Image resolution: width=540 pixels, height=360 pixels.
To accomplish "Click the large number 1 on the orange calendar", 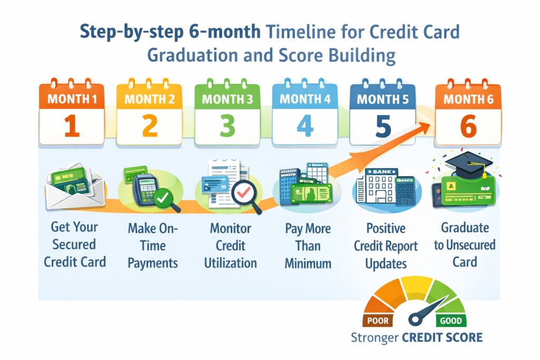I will point(72,126).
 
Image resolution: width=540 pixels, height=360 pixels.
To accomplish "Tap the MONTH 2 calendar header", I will point(149,99).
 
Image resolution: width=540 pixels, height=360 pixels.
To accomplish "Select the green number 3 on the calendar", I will point(228,127).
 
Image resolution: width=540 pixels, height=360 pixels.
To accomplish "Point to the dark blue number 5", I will point(383,127).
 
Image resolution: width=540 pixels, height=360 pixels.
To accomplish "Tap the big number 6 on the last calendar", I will point(468,127).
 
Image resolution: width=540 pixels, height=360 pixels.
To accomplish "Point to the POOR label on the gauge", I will point(375,320).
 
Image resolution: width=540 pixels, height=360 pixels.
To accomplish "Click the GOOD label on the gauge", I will point(450,320).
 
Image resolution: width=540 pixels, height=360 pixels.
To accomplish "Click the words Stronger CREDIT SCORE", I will point(416,337).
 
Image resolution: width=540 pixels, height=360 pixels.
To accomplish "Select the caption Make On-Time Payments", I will point(153,246).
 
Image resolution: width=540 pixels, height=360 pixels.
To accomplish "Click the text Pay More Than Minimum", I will point(307,246).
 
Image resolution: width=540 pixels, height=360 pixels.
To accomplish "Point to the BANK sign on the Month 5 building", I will point(384,172).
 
